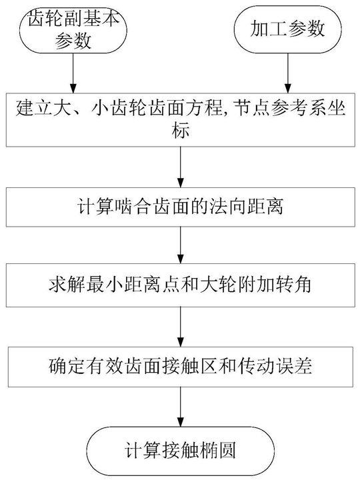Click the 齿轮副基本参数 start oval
73,30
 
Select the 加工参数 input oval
287,30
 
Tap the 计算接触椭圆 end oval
180,451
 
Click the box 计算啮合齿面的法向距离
181,207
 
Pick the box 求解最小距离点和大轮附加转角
181,285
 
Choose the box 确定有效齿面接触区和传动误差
181,367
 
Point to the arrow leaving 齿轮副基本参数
73,73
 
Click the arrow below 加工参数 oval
288,73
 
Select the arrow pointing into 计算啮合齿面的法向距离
181,167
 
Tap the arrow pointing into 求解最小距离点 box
181,246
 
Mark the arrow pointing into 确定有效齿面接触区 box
181,327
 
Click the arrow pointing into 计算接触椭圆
181,407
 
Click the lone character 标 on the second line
181,131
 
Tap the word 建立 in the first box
34,108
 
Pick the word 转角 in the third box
293,285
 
